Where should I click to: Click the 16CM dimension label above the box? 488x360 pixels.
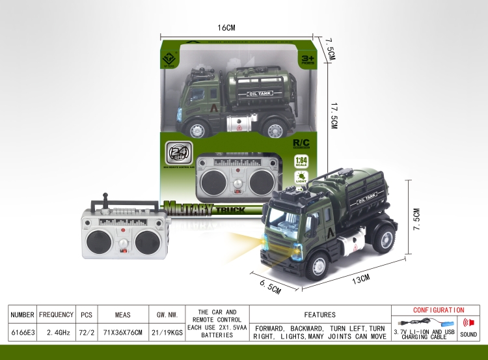pyautogui.click(x=226, y=28)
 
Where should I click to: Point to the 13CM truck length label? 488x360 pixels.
pyautogui.click(x=361, y=279)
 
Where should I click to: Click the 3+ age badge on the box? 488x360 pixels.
pyautogui.click(x=306, y=60)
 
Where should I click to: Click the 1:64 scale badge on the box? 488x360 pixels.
pyautogui.click(x=301, y=161)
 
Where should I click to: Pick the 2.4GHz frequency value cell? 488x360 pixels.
pyautogui.click(x=56, y=332)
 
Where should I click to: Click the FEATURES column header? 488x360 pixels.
pyautogui.click(x=319, y=314)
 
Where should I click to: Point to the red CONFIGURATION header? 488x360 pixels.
pyautogui.click(x=438, y=310)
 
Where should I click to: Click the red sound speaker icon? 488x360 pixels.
pyautogui.click(x=467, y=322)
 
